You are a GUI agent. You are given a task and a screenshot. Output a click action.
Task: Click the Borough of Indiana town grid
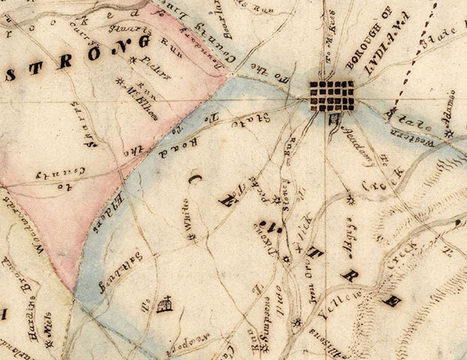click(332, 95)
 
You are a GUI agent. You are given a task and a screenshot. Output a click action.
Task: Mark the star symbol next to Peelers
click(132, 60)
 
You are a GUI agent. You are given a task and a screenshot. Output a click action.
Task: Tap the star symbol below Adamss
click(449, 134)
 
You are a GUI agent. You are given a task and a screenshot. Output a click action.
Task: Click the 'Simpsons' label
click(265, 320)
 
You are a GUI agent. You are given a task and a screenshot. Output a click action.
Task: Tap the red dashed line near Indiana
click(410, 66)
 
